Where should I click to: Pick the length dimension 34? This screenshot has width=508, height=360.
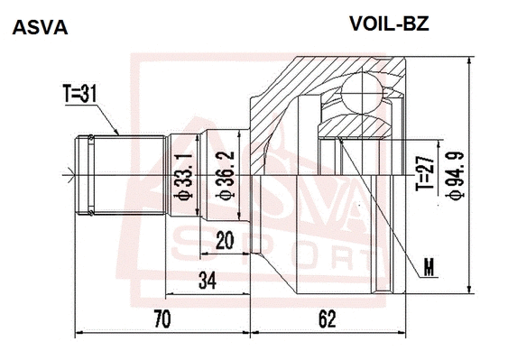(x=208, y=281)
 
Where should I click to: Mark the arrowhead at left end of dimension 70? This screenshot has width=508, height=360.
(x=79, y=333)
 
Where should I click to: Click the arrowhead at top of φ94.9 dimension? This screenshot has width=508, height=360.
(x=469, y=61)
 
